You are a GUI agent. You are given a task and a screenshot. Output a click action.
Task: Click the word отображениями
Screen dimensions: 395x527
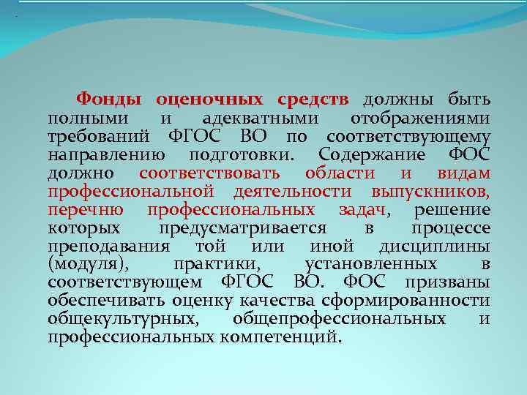[421, 118]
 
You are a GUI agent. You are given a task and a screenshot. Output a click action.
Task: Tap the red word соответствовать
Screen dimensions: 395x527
[209, 173]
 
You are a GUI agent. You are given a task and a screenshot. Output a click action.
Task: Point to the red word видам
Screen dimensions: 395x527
[464, 173]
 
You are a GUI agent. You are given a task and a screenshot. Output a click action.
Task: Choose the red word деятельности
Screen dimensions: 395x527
[293, 191]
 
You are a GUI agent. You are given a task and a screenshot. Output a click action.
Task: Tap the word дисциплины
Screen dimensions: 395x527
[435, 246]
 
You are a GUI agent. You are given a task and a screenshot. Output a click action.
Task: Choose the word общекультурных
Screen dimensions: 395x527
[122, 319]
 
